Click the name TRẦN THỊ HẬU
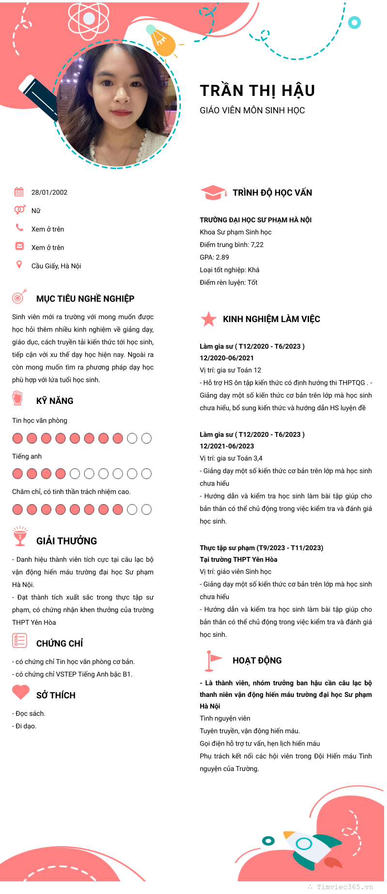(x=257, y=91)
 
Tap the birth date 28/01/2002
(x=49, y=192)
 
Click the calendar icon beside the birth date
(x=19, y=192)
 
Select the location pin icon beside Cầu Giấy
(x=19, y=264)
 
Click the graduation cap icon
(x=213, y=192)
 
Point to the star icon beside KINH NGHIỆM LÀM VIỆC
(x=208, y=319)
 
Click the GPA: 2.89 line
(x=214, y=257)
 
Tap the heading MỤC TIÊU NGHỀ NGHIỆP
(x=85, y=299)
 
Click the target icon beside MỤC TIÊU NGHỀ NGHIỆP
(x=19, y=296)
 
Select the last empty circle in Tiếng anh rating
(x=146, y=474)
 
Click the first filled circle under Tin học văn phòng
(x=17, y=438)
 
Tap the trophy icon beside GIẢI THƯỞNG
(x=20, y=536)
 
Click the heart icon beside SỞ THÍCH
(x=21, y=692)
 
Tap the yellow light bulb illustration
(x=162, y=42)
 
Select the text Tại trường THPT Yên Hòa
(x=238, y=559)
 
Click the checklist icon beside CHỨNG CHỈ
(x=19, y=640)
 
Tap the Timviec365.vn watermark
(x=344, y=887)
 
